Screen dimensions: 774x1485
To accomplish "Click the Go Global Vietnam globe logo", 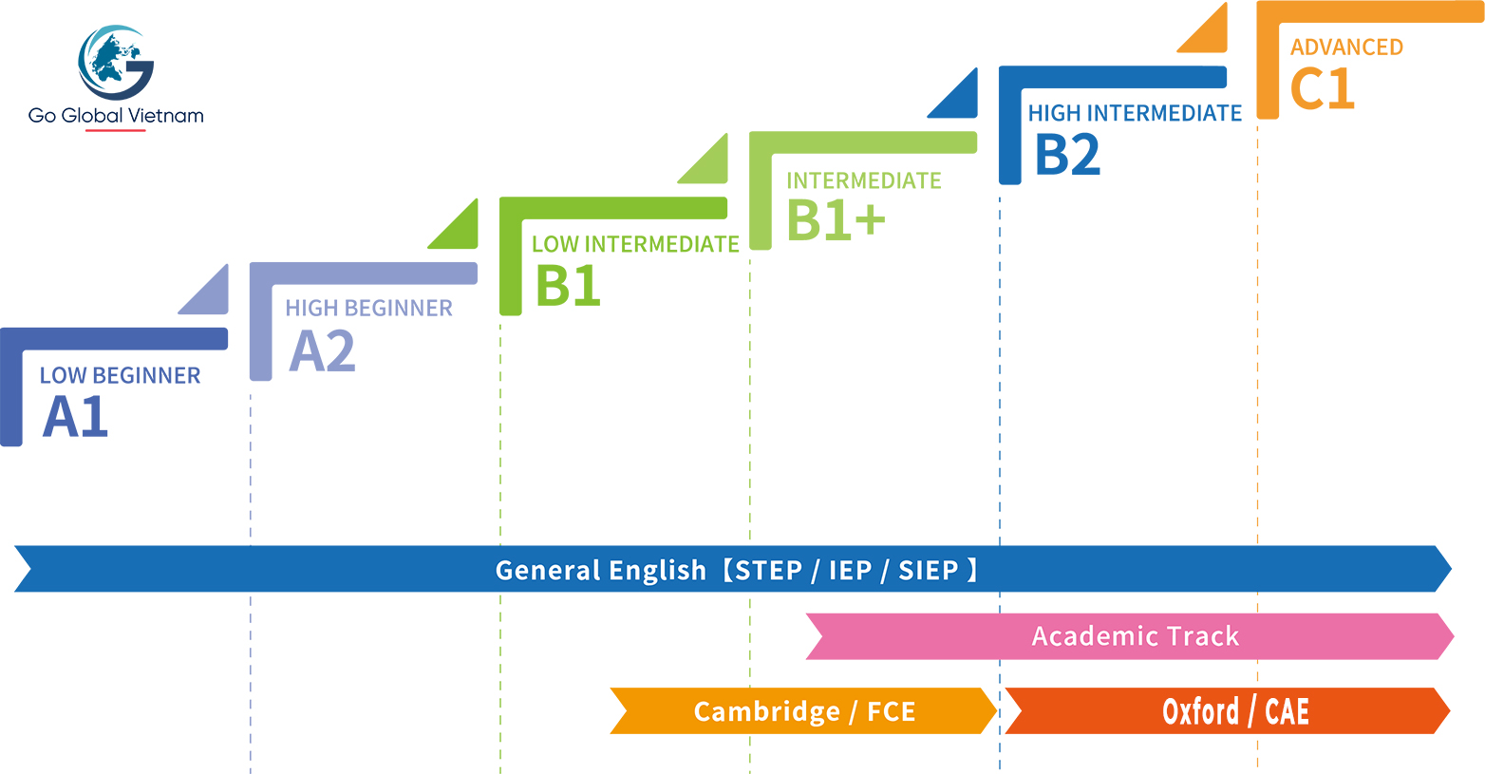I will (116, 63).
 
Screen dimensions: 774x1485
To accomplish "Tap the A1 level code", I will (76, 417).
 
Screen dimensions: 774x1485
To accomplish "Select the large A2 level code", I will (322, 351).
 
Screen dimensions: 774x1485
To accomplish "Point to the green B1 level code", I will (568, 285).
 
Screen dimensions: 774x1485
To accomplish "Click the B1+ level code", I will (836, 220).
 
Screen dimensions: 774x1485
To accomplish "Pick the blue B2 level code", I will (1067, 155).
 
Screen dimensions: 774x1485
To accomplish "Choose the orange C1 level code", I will (1322, 89).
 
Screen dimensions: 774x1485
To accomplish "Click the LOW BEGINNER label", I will (120, 376).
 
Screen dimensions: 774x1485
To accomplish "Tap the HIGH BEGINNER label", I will (368, 309).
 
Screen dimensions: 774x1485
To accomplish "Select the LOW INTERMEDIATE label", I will (635, 245).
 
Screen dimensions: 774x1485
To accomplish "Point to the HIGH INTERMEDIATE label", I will (1135, 114).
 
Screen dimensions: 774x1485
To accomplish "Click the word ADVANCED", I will (1346, 47).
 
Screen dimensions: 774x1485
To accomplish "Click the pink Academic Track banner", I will (1135, 636).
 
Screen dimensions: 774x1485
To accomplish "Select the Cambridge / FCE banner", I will (803, 711).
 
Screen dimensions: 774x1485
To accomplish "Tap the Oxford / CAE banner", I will (1234, 711).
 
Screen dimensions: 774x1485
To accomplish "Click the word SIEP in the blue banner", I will (928, 570).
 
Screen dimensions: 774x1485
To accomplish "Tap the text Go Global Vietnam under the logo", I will (116, 116).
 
